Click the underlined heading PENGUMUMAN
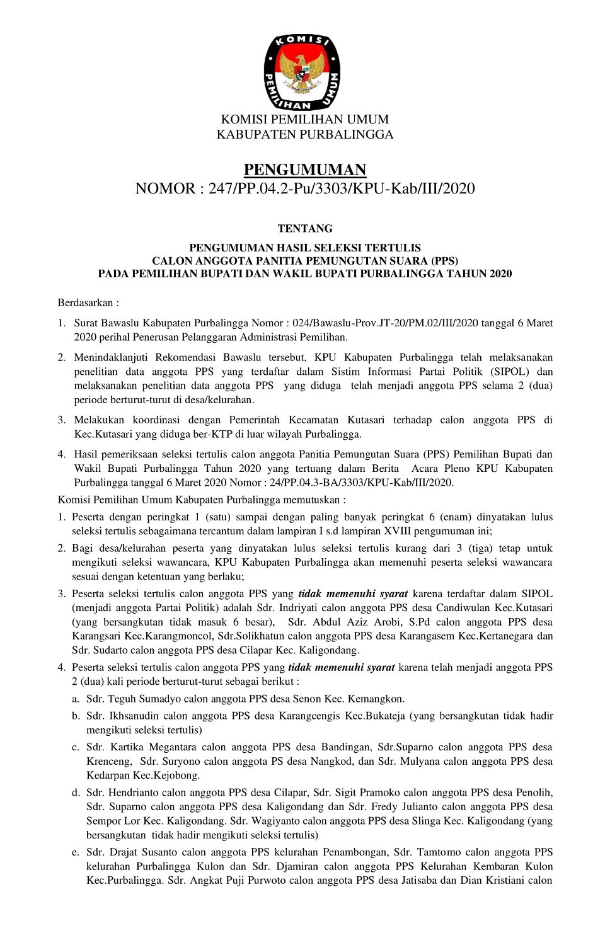click(x=304, y=169)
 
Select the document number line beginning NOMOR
click(x=304, y=188)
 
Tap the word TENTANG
click(x=305, y=229)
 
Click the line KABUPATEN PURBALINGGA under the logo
click(x=304, y=134)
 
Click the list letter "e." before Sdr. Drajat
click(x=75, y=852)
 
